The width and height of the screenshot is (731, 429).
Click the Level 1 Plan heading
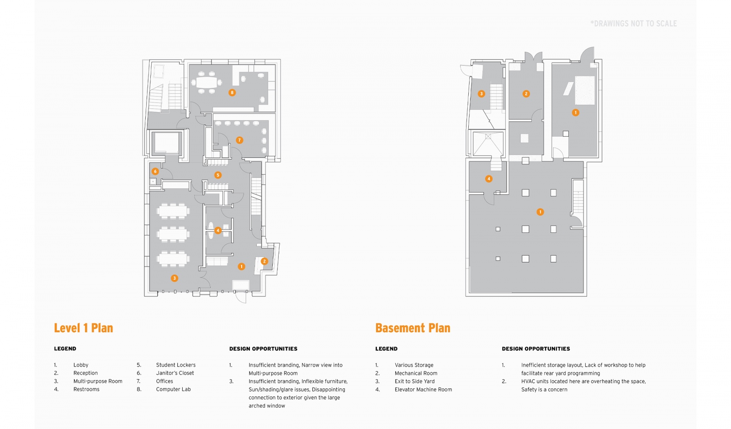[84, 328]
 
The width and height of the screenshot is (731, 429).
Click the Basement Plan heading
[413, 328]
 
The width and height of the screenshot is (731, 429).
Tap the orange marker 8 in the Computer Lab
[232, 93]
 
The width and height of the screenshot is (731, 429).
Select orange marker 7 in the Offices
[239, 140]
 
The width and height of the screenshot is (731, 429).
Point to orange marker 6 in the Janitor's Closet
[155, 172]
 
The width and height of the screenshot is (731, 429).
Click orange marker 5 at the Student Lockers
[218, 175]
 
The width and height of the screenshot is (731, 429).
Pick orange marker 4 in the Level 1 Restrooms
[218, 231]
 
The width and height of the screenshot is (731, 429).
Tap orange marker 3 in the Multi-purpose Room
[174, 278]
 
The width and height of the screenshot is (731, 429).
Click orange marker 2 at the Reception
[264, 261]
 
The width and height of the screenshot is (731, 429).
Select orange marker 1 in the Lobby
[242, 267]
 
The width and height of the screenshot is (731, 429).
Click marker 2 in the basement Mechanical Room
[526, 94]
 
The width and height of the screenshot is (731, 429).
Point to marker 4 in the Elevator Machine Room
[489, 179]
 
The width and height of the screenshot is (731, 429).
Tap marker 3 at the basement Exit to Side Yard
[481, 94]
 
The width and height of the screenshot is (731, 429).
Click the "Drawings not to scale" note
[633, 24]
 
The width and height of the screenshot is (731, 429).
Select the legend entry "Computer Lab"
[173, 389]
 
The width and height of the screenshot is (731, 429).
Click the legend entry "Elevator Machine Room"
[423, 390]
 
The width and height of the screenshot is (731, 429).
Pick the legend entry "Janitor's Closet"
[175, 373]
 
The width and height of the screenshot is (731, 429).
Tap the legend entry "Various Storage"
[414, 365]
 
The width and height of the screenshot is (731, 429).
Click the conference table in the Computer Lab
[207, 83]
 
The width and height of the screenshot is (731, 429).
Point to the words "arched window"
[267, 406]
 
